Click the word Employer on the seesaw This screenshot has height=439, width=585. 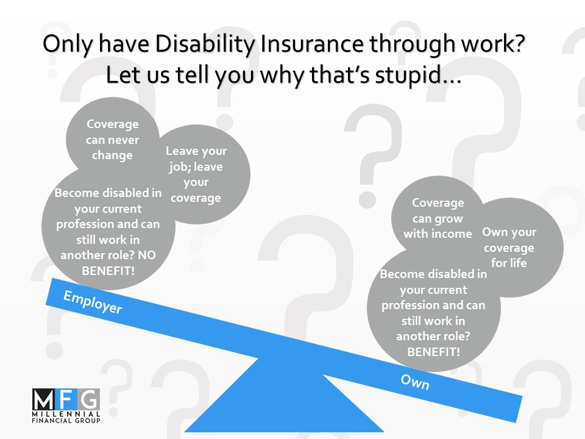tap(93, 302)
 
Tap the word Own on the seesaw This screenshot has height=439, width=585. tap(415, 382)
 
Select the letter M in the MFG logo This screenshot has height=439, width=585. tap(43, 399)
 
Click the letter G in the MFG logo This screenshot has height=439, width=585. tap(89, 399)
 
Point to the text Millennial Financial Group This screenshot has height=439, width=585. tap(66, 417)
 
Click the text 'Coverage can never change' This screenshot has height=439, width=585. tap(112, 140)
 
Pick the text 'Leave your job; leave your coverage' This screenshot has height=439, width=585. tap(196, 174)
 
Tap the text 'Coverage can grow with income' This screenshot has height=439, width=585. tap(438, 218)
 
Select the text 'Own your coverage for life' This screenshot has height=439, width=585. tap(509, 247)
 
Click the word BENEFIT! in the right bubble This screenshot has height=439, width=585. tap(433, 352)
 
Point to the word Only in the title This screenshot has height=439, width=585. tap(68, 44)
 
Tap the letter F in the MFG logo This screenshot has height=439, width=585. tap(66, 399)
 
